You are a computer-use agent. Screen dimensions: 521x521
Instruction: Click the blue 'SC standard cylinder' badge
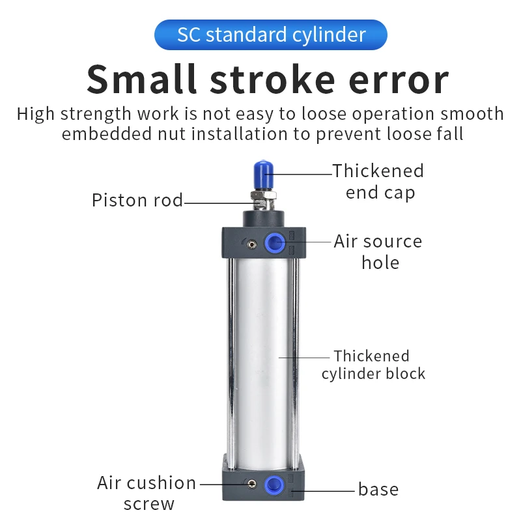pos(270,35)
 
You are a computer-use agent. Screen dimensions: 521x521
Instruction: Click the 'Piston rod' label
pos(137,200)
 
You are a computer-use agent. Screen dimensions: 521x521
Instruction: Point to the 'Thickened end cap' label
pos(378,182)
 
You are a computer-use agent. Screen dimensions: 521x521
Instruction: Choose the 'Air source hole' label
pos(378,251)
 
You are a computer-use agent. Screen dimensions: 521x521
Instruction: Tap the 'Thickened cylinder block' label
pos(373,365)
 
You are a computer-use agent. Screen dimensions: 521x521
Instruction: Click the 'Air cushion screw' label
pos(147,493)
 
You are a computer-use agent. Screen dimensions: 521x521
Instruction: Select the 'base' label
pos(378,489)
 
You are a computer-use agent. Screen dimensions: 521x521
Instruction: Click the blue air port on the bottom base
pos(274,485)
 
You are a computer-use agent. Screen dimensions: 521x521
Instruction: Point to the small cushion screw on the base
pos(251,484)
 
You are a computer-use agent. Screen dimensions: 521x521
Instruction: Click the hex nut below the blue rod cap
pos(262,199)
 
